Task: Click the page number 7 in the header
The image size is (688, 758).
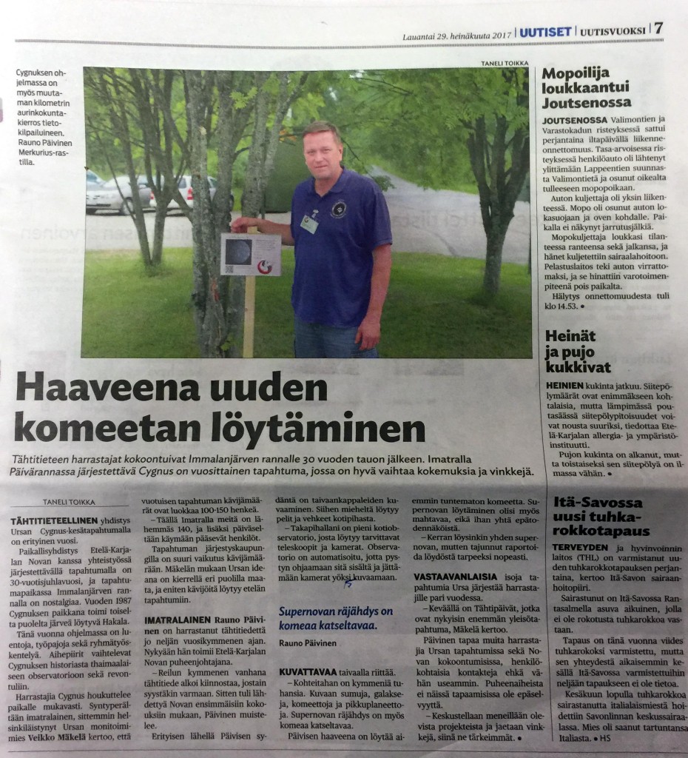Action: (658, 28)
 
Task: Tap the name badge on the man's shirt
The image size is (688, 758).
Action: (309, 224)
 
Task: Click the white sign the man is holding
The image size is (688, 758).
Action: (250, 254)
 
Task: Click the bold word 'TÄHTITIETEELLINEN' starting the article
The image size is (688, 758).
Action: (45, 520)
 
